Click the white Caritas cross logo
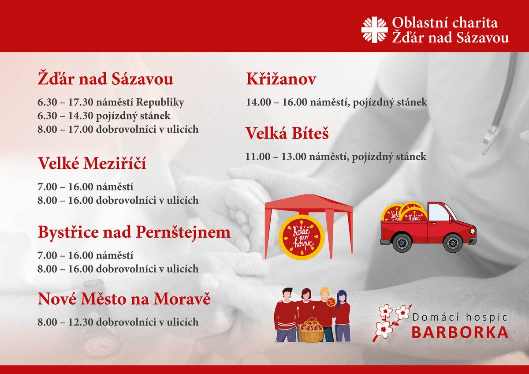pyautogui.click(x=375, y=30)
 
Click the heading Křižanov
pyautogui.click(x=281, y=79)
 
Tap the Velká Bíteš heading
pyautogui.click(x=287, y=133)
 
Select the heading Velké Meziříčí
pyautogui.click(x=92, y=163)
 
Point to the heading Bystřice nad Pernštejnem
pyautogui.click(x=134, y=233)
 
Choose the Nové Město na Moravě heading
pyautogui.click(x=124, y=299)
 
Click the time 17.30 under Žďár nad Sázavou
pyautogui.click(x=81, y=102)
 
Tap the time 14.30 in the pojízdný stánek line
pyautogui.click(x=81, y=116)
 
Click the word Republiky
pyautogui.click(x=160, y=103)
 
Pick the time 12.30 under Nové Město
pyautogui.click(x=81, y=322)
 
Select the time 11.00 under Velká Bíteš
pyautogui.click(x=258, y=157)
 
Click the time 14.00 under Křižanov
pyautogui.click(x=259, y=102)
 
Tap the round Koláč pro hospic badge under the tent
pyautogui.click(x=302, y=237)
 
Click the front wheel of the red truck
pyautogui.click(x=452, y=243)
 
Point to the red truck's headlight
pyautogui.click(x=473, y=231)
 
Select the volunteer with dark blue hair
pyautogui.click(x=342, y=315)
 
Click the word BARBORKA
pyautogui.click(x=460, y=333)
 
